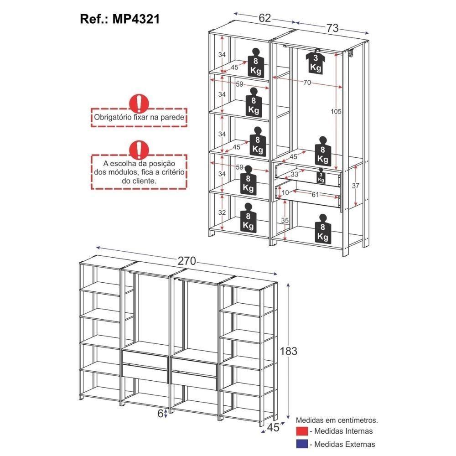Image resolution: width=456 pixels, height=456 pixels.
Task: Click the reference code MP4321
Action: click(x=135, y=20)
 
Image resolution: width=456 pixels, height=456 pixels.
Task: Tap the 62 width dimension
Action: click(x=265, y=18)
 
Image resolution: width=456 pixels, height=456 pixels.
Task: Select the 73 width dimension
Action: click(x=332, y=28)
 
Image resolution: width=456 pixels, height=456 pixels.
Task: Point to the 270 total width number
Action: click(x=187, y=261)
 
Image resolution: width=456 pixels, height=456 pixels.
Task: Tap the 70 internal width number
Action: click(x=307, y=83)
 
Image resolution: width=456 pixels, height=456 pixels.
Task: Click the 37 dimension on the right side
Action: click(x=357, y=186)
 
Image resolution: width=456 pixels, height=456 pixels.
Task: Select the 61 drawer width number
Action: click(x=315, y=195)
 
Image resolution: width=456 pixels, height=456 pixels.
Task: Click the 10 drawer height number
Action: click(x=285, y=193)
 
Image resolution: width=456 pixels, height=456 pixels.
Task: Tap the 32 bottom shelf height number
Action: click(x=222, y=212)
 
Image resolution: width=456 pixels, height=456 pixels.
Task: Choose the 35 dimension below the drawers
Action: click(x=285, y=220)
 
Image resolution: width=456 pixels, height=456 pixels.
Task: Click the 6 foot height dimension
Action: click(x=161, y=413)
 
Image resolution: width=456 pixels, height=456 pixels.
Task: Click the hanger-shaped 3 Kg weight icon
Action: click(x=316, y=61)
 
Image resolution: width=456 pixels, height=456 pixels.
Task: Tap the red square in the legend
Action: click(x=301, y=431)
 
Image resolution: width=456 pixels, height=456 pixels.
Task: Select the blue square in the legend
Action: click(x=301, y=444)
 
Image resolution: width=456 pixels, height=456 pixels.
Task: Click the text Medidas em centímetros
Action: click(x=337, y=420)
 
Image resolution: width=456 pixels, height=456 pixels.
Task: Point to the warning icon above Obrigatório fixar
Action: click(x=139, y=104)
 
